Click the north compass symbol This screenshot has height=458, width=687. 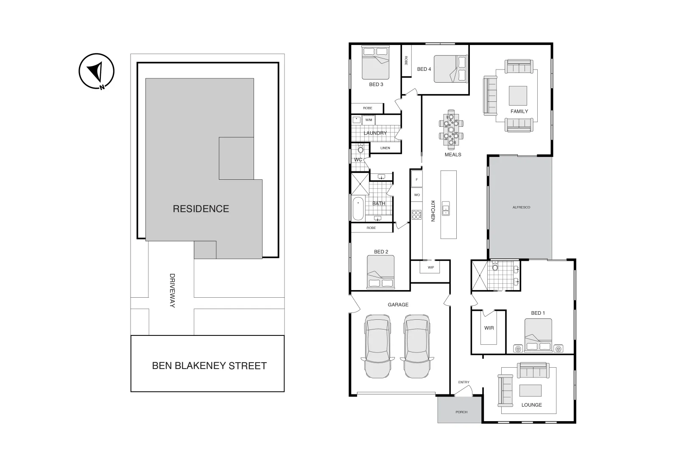click(97, 71)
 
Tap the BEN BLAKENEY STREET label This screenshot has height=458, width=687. click(209, 366)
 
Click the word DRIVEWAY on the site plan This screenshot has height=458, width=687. click(172, 290)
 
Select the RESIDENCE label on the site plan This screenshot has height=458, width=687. click(201, 209)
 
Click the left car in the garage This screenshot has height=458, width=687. click(377, 346)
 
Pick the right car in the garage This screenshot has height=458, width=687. click(417, 346)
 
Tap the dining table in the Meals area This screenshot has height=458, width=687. click(451, 128)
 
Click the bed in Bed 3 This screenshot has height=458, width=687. click(375, 63)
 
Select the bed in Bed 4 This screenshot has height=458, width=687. click(450, 69)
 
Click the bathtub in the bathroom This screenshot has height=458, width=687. click(358, 208)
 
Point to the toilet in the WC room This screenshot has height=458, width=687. click(361, 149)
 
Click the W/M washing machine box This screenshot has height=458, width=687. click(369, 120)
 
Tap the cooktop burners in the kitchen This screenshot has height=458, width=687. click(416, 215)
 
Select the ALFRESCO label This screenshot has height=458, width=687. click(521, 207)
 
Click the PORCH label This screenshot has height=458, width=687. click(461, 412)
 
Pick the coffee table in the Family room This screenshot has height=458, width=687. click(518, 96)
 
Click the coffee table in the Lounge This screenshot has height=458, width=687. click(530, 390)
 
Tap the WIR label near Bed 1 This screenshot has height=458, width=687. click(489, 328)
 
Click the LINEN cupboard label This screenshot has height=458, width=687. click(385, 148)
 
